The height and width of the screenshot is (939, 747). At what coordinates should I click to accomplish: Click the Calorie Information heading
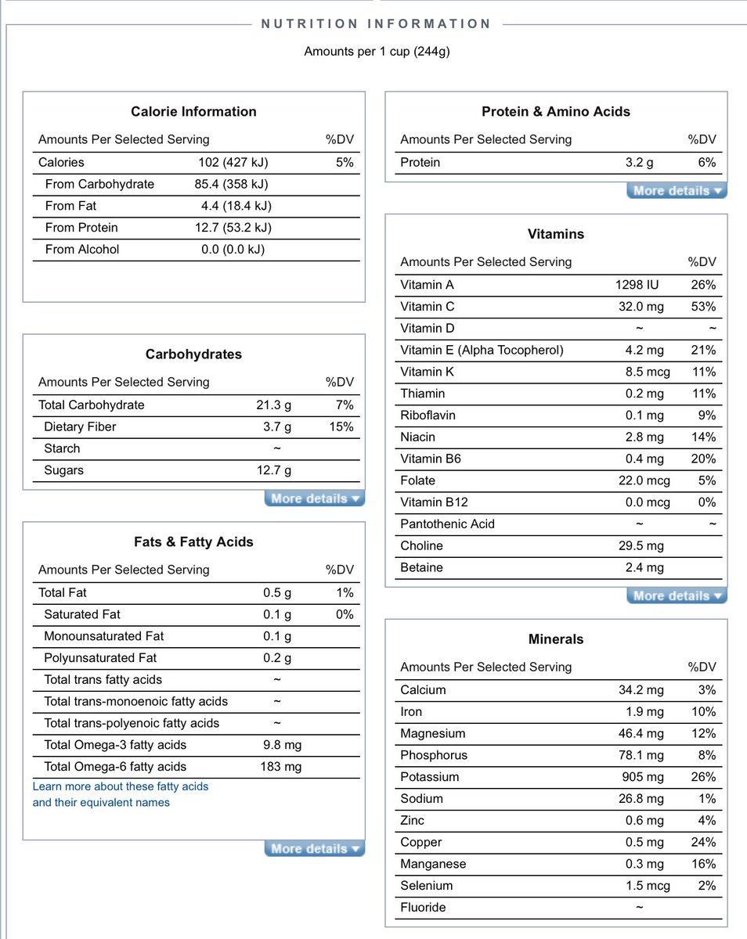point(193,112)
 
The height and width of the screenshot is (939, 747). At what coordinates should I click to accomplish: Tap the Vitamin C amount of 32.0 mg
point(641,307)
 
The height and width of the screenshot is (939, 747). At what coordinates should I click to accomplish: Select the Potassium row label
point(429,777)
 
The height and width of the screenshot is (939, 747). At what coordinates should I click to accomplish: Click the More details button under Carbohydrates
point(315,498)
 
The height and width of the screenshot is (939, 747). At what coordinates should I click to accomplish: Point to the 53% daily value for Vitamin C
point(703,307)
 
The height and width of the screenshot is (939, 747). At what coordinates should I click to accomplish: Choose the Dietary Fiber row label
point(81,427)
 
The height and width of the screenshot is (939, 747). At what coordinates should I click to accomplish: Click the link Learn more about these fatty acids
point(121,786)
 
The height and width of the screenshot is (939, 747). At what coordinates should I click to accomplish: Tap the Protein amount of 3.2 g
point(639,163)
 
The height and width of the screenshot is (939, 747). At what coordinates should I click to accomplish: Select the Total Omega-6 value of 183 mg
point(280,767)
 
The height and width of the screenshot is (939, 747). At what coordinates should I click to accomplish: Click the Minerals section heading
point(556,639)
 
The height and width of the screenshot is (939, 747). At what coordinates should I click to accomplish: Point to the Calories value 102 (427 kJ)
point(233,163)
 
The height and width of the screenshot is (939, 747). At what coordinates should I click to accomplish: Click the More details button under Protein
point(677,190)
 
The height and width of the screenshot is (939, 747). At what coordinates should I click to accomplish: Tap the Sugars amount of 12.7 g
point(275,470)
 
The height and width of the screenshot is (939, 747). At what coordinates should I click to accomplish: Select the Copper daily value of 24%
point(703,843)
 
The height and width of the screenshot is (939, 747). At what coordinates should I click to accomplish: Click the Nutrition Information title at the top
point(376,24)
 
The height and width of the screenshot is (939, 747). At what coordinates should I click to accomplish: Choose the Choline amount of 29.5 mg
point(641,546)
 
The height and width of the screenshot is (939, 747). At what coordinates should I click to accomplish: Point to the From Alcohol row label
point(82,250)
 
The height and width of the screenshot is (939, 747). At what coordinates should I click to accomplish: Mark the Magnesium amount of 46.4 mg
point(641,734)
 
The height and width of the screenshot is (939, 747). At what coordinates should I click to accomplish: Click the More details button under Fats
point(315,849)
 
